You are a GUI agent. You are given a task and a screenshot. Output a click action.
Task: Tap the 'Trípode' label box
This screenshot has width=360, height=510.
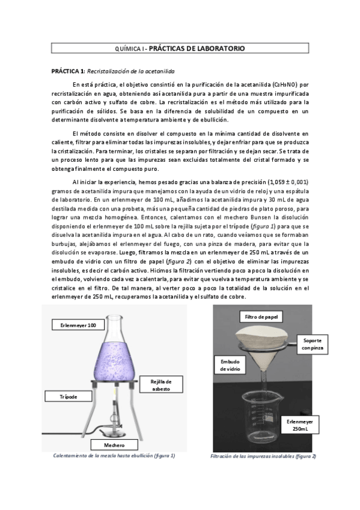pyautogui.click(x=68, y=397)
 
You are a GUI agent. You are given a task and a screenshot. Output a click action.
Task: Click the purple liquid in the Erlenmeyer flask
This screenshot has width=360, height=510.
pyautogui.click(x=126, y=361)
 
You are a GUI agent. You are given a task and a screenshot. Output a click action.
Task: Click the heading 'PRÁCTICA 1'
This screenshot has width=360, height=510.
pyautogui.click(x=69, y=71)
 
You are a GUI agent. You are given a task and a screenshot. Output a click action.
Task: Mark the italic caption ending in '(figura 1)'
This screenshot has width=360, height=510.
pyautogui.click(x=114, y=456)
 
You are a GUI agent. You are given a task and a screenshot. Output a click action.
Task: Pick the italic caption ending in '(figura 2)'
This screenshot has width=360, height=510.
pyautogui.click(x=263, y=456)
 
